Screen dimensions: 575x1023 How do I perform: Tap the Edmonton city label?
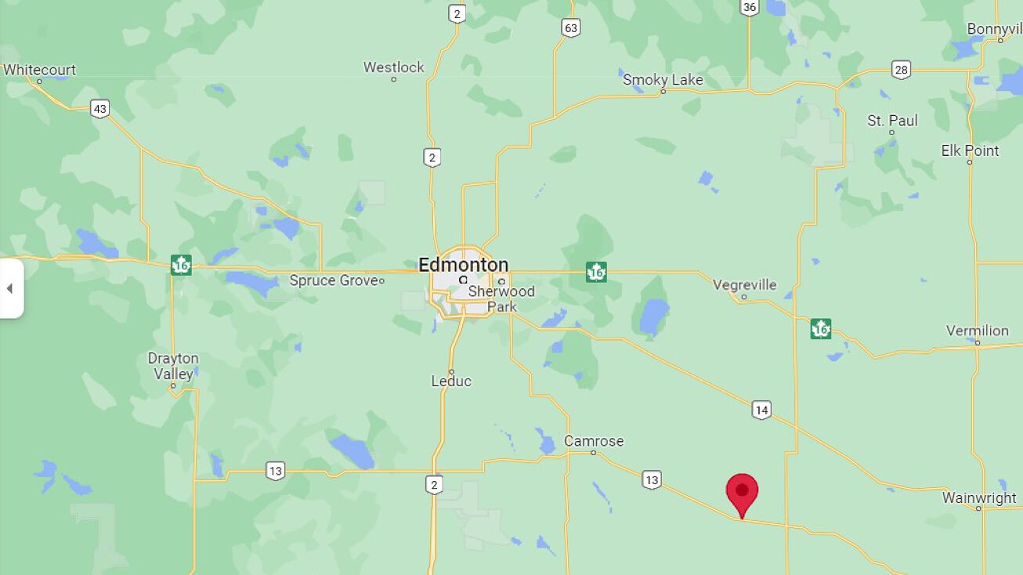pos(463,264)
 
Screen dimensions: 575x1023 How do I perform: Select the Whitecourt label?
pos(39,70)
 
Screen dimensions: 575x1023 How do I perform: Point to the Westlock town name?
pos(393,67)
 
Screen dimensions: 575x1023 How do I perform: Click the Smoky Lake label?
pos(663,80)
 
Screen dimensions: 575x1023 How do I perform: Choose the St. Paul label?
pos(892,121)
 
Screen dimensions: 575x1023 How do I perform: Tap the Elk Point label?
pos(970,150)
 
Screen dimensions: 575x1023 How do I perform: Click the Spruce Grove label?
pos(334,280)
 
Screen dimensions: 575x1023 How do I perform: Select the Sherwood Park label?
pos(501,298)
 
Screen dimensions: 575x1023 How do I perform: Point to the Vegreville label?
pos(744,285)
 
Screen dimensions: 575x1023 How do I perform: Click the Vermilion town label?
pos(977,331)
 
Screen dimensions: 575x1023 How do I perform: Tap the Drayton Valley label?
pos(173,366)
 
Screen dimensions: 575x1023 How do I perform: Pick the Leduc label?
pos(451,382)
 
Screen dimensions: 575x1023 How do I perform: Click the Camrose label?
pos(594,441)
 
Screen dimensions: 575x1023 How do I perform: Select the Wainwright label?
pos(979,497)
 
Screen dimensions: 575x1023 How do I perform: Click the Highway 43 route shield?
pos(99,108)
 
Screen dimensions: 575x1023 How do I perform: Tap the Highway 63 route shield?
pos(570,28)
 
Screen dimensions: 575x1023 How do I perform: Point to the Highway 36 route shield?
pos(749,7)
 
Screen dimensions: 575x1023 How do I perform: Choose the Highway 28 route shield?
pos(901,70)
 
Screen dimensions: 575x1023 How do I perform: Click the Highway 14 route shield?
pos(761,409)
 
